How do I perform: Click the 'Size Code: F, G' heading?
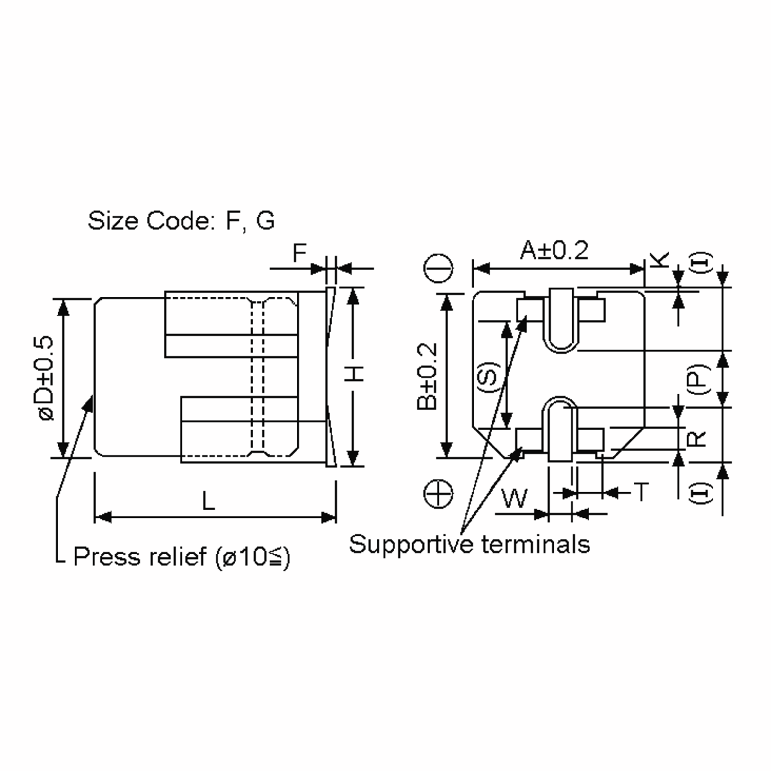(181, 220)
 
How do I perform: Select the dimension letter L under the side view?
(208, 501)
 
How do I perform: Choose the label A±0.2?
(554, 251)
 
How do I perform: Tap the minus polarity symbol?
(438, 268)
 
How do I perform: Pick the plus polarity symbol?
(438, 494)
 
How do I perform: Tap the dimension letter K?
(659, 259)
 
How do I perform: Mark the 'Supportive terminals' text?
(469, 544)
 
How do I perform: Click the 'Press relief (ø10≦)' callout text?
(182, 557)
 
